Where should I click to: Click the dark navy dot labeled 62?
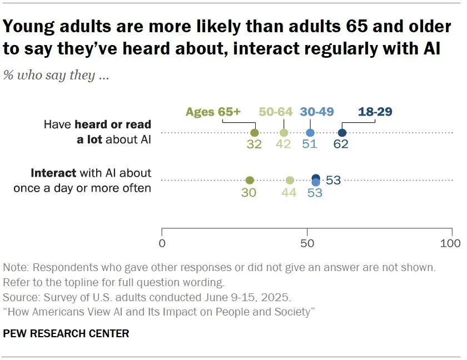coord(342,133)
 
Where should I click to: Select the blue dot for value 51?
coord(310,133)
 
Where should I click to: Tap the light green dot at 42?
coord(284,133)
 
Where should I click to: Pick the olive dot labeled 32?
coord(255,133)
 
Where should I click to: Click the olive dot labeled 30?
coord(250,180)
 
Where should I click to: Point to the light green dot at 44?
coord(290,180)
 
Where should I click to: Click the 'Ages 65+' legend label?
coord(213,112)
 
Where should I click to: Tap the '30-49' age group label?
coord(316,112)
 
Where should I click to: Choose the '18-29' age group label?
coord(375,112)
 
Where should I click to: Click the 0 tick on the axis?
coord(162,243)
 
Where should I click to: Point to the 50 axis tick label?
coord(306,243)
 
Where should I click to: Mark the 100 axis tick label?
coord(450,243)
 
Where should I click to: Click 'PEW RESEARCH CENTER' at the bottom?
coord(66,333)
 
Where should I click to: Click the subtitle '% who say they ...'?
coord(56,75)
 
